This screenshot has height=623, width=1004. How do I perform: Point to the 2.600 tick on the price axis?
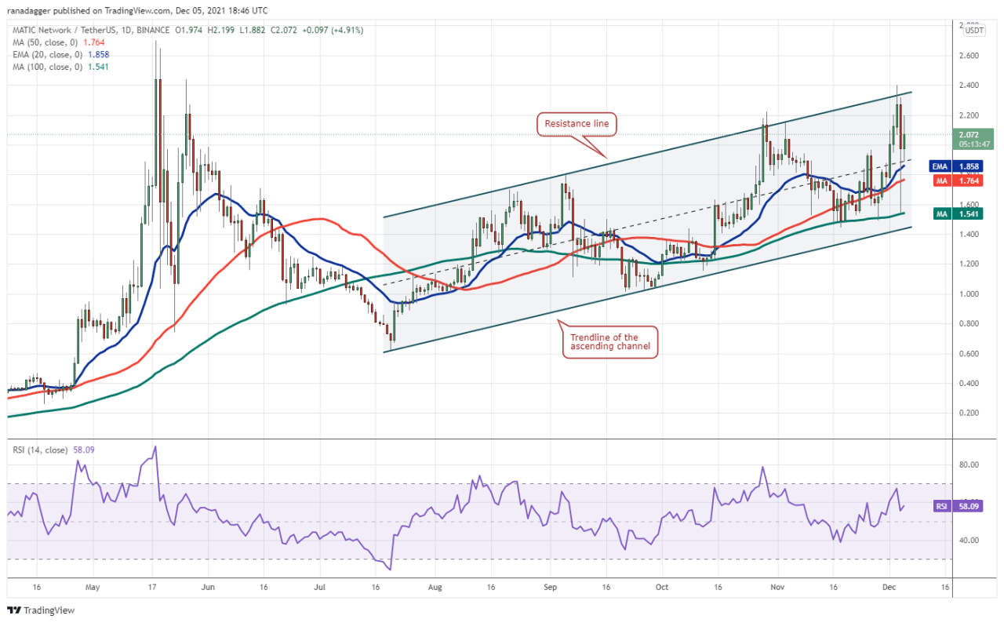coord(969,56)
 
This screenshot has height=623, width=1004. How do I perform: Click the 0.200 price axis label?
coord(969,413)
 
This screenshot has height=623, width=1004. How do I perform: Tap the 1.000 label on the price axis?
coord(969,294)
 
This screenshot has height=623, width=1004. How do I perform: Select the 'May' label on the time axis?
coord(93,585)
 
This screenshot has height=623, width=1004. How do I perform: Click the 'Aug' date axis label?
coord(436,585)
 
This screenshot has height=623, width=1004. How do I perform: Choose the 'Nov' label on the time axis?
coord(778,585)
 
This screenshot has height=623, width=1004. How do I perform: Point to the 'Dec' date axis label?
coord(889,585)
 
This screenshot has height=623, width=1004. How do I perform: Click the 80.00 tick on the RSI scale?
coord(969,465)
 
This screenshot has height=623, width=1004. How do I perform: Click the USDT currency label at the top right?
coord(973,31)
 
